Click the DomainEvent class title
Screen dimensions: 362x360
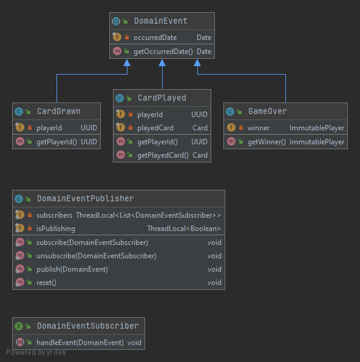click(x=160, y=21)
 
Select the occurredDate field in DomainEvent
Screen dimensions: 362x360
click(x=155, y=38)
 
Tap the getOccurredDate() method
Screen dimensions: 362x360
click(x=163, y=52)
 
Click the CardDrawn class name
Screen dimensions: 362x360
click(x=58, y=112)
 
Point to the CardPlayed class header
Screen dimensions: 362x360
click(x=161, y=98)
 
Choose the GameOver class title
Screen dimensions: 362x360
click(x=267, y=112)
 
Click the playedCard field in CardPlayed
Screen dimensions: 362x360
click(x=155, y=128)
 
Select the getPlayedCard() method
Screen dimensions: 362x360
click(x=163, y=155)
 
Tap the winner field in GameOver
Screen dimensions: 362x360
click(x=259, y=128)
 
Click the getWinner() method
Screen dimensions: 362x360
click(x=266, y=142)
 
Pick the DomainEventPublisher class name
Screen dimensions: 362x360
click(x=85, y=198)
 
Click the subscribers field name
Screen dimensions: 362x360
click(x=54, y=215)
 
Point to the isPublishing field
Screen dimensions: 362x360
click(x=56, y=229)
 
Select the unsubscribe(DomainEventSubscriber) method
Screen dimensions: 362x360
click(x=96, y=256)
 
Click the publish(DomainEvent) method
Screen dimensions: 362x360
click(x=72, y=269)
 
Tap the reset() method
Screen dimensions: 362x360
click(x=46, y=283)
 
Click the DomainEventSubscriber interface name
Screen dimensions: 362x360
click(x=87, y=326)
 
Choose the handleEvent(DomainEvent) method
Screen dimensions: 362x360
click(x=80, y=343)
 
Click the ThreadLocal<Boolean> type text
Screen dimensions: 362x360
click(x=184, y=229)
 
